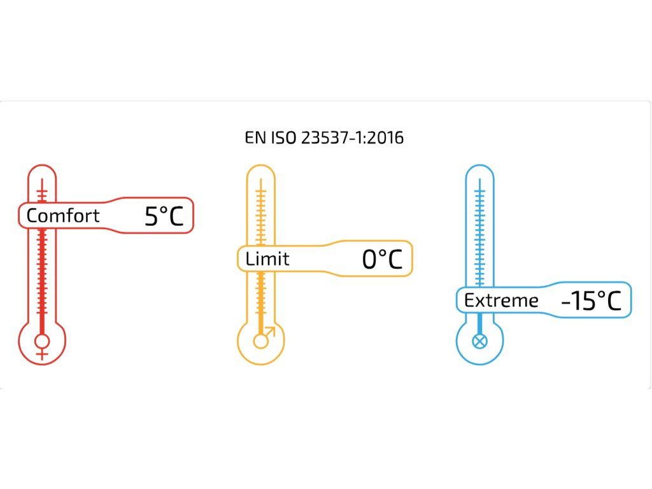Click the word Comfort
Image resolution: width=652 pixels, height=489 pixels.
click(x=63, y=215)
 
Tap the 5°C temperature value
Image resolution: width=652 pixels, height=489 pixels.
click(x=164, y=216)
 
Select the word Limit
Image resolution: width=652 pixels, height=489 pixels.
click(x=267, y=259)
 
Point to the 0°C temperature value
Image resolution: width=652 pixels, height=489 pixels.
click(x=382, y=259)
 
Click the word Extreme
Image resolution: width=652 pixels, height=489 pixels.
click(x=501, y=301)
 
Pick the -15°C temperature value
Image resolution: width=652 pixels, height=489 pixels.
click(x=591, y=301)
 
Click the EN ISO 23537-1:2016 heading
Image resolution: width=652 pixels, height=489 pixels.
click(x=324, y=138)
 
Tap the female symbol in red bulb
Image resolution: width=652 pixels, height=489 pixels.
click(x=43, y=344)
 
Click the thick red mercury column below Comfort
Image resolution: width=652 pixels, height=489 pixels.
click(x=43, y=280)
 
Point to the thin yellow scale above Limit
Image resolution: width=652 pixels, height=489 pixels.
click(x=260, y=213)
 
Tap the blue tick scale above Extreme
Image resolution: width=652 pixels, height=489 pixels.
click(x=480, y=236)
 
